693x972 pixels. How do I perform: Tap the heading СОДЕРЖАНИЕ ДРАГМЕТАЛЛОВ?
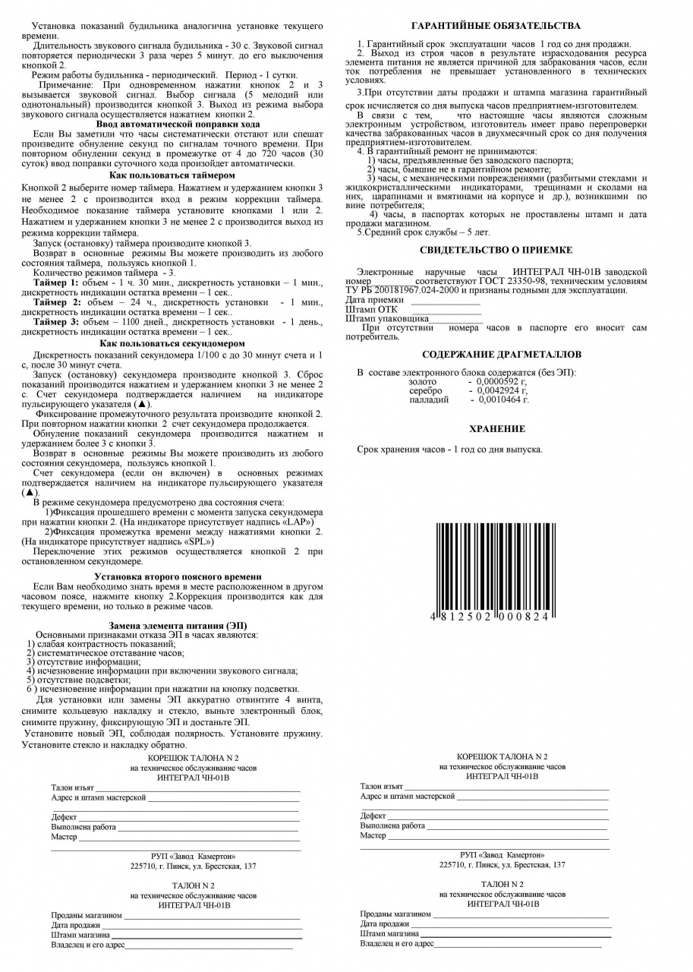502,354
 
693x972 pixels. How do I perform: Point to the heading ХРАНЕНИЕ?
497,428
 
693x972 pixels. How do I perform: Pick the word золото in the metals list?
423,381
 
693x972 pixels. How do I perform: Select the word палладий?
428,399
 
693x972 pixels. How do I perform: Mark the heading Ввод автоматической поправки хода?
178,124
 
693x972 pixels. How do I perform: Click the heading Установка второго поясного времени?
175,577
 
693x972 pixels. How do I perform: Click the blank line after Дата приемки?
446,301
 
